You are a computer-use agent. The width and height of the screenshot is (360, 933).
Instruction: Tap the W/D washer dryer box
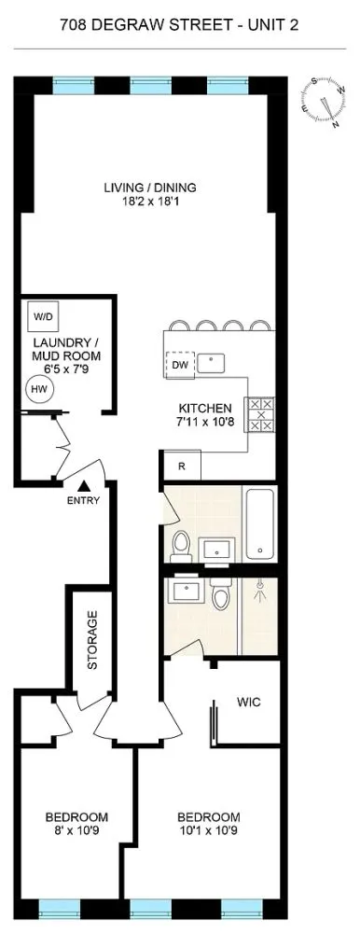coord(44,316)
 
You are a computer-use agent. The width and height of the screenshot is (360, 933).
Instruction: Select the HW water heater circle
coord(39,389)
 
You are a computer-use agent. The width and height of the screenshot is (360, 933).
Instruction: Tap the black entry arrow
coord(83,484)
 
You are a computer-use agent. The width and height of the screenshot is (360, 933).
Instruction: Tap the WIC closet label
coord(248,703)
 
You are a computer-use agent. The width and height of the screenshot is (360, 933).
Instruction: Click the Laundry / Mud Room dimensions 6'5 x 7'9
coord(68,369)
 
